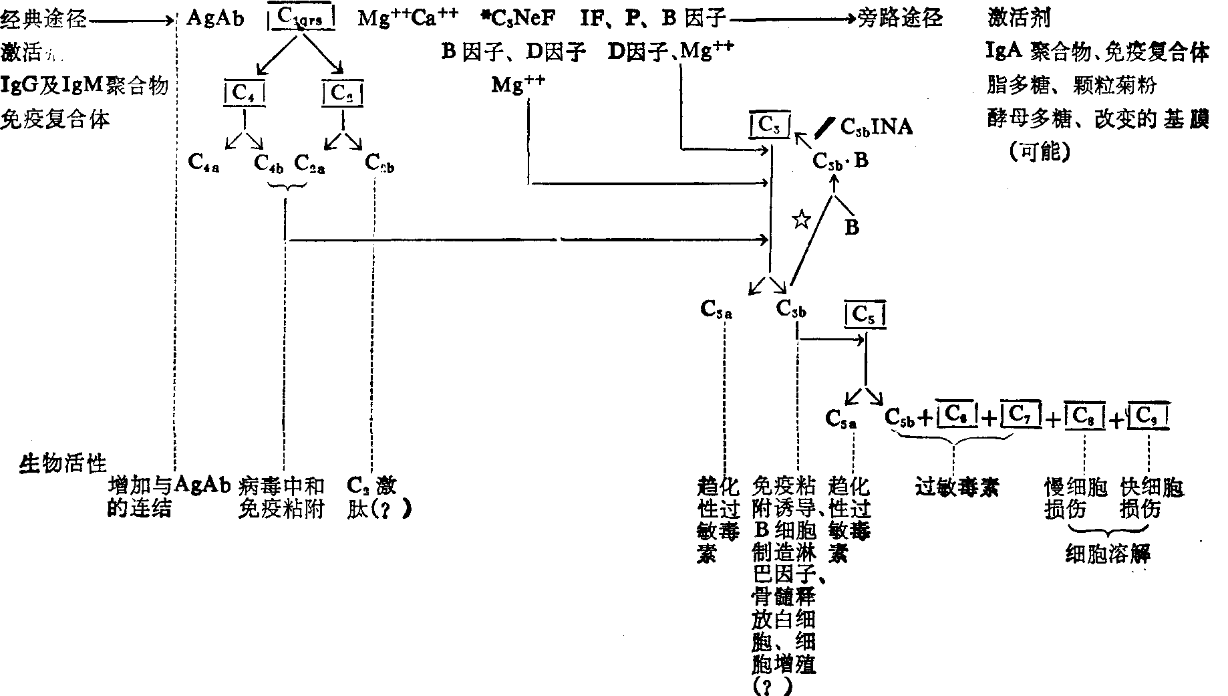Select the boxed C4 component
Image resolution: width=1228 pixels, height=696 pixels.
point(244,93)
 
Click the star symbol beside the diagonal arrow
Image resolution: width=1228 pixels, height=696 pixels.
point(800,219)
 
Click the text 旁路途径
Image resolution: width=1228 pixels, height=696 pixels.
point(901,18)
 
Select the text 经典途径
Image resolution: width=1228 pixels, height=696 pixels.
point(43,20)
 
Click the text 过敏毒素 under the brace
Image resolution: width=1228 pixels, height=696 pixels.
point(956,487)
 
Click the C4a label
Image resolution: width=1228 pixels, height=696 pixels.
point(204,162)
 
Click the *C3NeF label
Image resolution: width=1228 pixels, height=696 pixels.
point(522,18)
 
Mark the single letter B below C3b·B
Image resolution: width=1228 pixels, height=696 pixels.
point(852,227)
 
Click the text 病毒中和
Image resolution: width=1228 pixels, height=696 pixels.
point(281,486)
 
